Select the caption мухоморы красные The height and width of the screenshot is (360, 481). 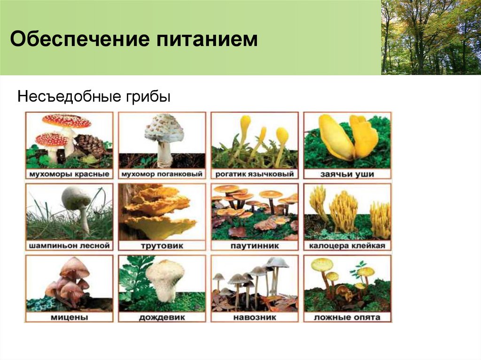[x=69, y=174]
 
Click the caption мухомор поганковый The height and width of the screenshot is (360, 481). [x=162, y=174]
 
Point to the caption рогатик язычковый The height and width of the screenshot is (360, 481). [x=255, y=174]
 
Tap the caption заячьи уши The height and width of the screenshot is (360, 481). [x=347, y=174]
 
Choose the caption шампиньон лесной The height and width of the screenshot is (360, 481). [x=69, y=245]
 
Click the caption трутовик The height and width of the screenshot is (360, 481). [x=162, y=245]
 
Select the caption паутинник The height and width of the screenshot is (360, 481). [x=255, y=245]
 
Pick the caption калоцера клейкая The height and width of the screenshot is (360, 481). [x=347, y=245]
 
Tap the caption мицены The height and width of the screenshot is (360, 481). [x=69, y=317]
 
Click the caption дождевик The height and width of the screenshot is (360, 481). [x=162, y=317]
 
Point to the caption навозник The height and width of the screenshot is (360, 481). [x=255, y=317]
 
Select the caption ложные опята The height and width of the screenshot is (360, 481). [x=347, y=317]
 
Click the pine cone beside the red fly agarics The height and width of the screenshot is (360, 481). [x=90, y=145]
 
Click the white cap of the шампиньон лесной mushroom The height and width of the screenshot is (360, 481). [x=76, y=197]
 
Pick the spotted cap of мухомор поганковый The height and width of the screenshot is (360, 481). [x=164, y=128]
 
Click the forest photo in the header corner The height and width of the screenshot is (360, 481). [x=431, y=37]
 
